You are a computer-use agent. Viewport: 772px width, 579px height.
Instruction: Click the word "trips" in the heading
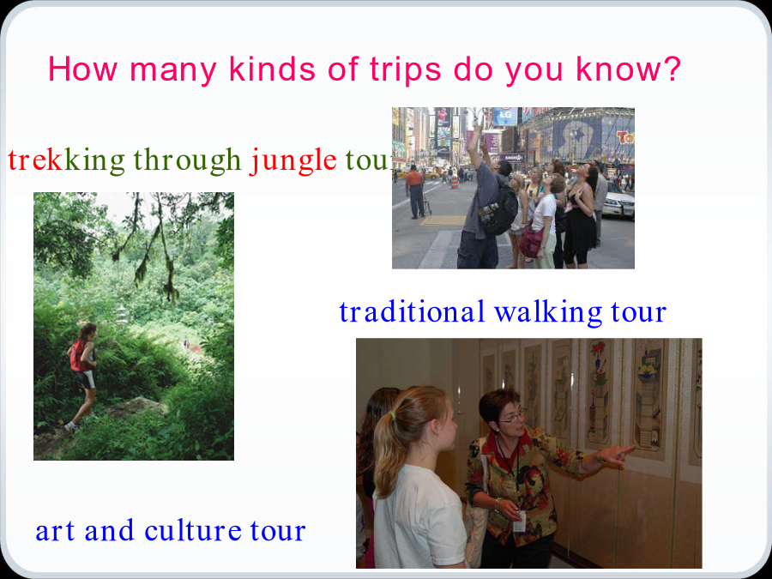tap(405, 70)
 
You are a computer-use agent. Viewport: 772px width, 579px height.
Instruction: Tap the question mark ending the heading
tap(672, 68)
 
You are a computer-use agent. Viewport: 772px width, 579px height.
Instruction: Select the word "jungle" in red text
tap(293, 161)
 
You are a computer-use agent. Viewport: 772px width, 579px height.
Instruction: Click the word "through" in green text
tap(187, 161)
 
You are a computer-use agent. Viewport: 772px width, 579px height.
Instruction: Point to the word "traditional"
tap(412, 311)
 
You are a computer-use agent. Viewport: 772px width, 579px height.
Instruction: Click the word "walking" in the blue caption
tap(548, 312)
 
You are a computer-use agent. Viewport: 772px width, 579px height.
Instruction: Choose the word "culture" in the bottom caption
tap(192, 530)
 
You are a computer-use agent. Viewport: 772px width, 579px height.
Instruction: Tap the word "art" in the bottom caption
tap(55, 531)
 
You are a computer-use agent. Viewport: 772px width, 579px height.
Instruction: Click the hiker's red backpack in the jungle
tap(77, 356)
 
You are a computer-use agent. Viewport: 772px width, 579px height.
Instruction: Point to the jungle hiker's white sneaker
tap(71, 427)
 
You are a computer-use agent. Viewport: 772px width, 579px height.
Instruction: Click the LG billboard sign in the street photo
tap(505, 117)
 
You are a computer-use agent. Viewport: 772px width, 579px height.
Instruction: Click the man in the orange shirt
tap(415, 192)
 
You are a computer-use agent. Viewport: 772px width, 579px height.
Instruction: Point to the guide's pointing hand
tap(615, 455)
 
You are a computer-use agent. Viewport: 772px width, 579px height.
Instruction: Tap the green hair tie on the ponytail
tap(392, 417)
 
